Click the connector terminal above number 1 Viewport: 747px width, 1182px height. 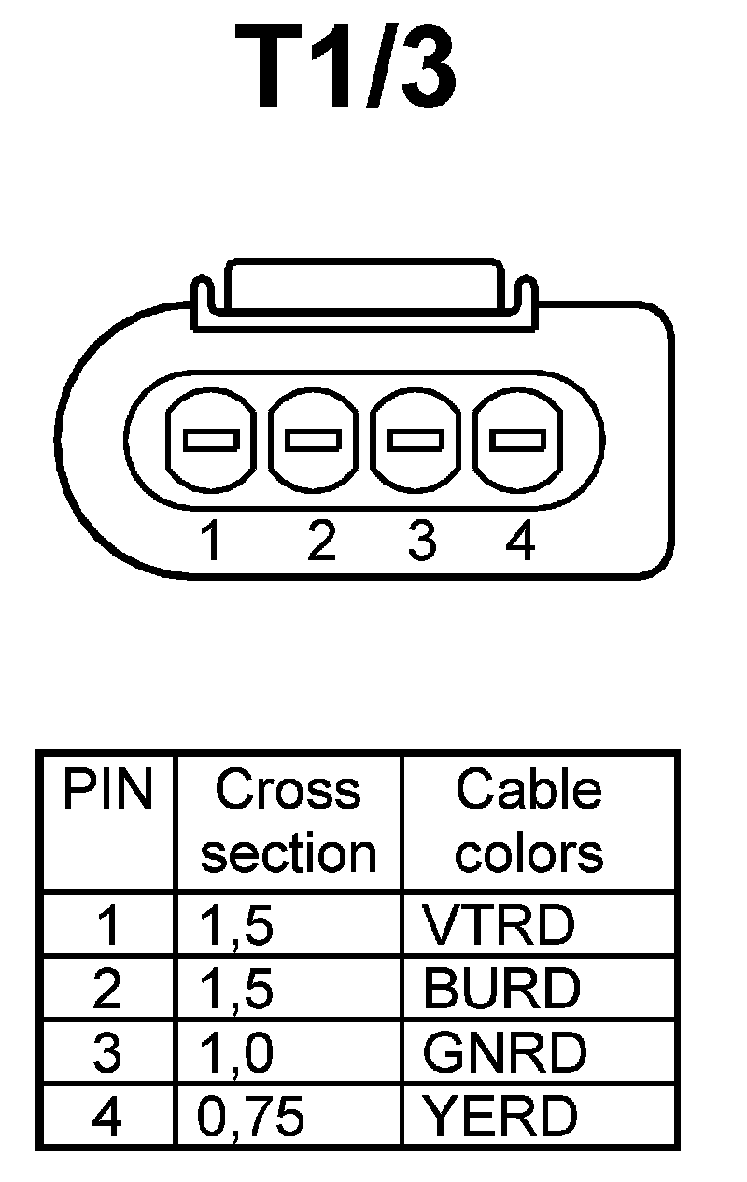(x=210, y=438)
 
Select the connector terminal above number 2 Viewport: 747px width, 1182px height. (x=313, y=438)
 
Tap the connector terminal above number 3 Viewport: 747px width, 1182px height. (x=416, y=438)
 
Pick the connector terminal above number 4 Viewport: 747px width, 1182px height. (x=519, y=438)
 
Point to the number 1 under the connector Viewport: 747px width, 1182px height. (x=213, y=542)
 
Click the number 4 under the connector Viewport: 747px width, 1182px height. (x=520, y=542)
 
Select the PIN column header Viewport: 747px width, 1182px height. (x=106, y=792)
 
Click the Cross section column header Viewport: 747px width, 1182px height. (x=289, y=822)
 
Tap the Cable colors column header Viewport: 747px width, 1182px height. (x=529, y=822)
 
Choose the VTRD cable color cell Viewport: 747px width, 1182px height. (x=498, y=925)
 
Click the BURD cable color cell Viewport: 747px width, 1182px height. (x=501, y=989)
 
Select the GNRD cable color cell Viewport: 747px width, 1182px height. (x=504, y=1053)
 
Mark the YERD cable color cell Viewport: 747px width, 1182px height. (x=500, y=1117)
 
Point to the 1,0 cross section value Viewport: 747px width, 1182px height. (x=237, y=1053)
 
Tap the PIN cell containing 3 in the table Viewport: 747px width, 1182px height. (x=107, y=1053)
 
